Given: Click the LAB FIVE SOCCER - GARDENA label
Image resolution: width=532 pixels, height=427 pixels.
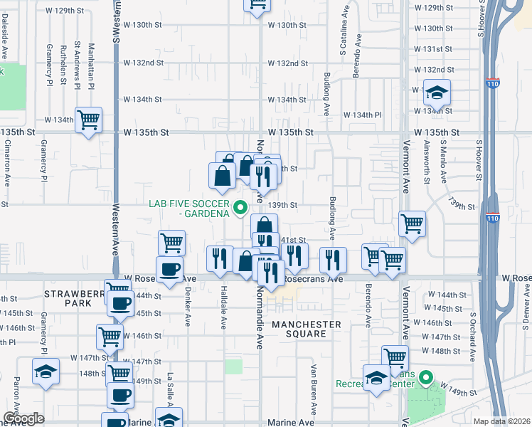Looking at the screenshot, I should click(188, 208).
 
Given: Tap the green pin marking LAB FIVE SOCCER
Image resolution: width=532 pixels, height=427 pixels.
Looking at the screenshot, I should click(240, 208).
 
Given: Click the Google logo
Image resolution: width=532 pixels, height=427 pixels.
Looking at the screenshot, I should click(23, 418).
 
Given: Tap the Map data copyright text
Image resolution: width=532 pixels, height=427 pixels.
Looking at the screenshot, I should click(501, 421).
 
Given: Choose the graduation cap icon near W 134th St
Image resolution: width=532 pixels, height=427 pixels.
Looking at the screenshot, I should click(437, 92).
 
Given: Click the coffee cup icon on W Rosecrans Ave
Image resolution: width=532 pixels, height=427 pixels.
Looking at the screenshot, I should click(169, 270).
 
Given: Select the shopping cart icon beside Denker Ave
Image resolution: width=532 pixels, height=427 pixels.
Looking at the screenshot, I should click(171, 243).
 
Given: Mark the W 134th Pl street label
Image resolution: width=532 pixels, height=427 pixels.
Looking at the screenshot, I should click(363, 115).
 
